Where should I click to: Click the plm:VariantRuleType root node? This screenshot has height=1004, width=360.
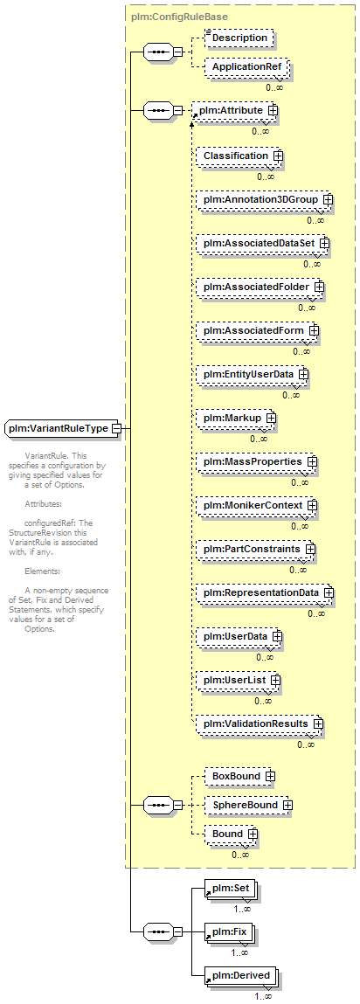pos(63,427)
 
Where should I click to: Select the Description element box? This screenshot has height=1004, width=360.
pos(239,38)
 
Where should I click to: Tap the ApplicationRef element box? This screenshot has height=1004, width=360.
pos(246,66)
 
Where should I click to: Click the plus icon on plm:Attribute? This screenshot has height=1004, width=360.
pos(273,111)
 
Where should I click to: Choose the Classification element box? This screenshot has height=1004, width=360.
pos(240,156)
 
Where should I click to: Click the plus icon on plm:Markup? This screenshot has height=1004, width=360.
pos(271,418)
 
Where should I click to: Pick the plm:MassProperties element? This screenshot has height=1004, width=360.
pos(258,461)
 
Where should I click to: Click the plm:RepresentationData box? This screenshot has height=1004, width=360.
pos(266,593)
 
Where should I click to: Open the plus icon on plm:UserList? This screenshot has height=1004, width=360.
pos(277,680)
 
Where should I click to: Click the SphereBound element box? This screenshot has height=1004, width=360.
pos(249,805)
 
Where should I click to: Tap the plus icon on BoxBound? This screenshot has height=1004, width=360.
pos(270,776)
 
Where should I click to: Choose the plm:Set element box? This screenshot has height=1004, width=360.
pos(232,889)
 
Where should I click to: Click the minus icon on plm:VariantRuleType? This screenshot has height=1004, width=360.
pos(116,428)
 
